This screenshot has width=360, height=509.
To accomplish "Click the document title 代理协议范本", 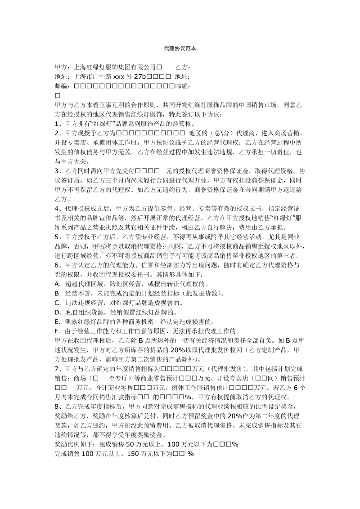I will coord(180,48).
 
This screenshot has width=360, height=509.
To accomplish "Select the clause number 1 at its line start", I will coord(56,123).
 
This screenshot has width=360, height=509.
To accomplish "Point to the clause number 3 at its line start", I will coord(56,171).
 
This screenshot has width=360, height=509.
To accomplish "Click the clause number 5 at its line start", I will coord(56,237).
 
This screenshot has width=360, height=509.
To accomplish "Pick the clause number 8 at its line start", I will coord(56,406).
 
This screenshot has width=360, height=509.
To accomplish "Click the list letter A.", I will coord(57,284).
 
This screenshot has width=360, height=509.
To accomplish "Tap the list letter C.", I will coord(57,303).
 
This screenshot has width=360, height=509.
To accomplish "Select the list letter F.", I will coord(56,331).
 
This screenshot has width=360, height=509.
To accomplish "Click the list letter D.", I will coord(57,313).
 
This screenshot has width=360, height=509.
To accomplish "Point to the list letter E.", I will coord(56,321).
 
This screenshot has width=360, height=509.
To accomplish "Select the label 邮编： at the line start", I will coord(63,86).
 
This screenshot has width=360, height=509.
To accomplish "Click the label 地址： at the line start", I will coord(63,76).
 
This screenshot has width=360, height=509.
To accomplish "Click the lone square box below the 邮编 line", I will coord(57,95).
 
